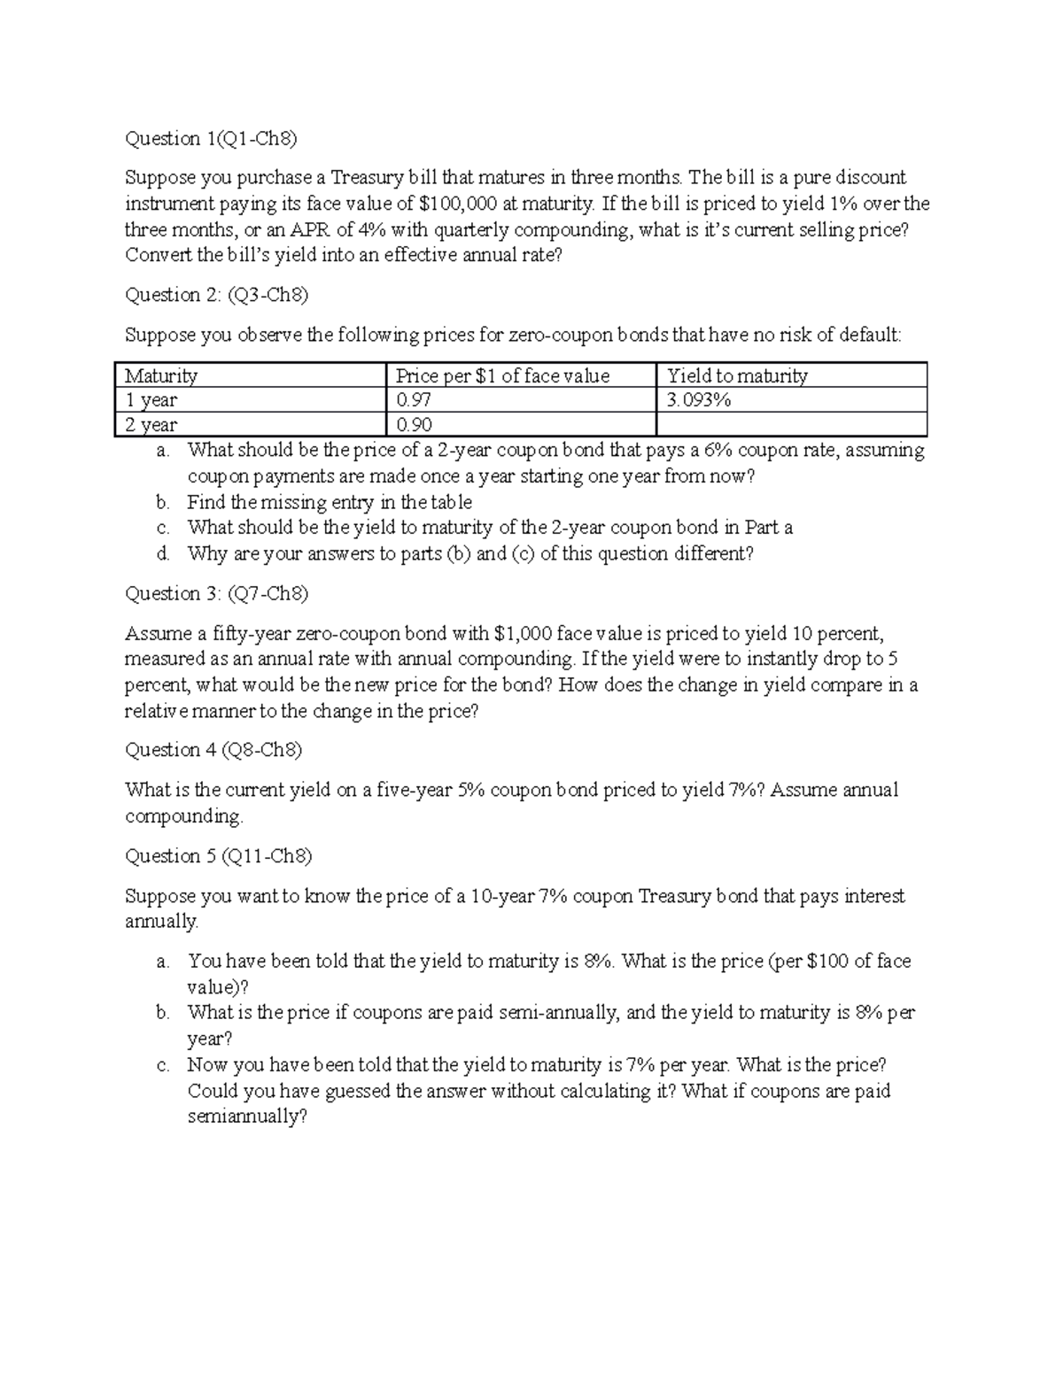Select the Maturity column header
point(161,375)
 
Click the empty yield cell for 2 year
point(791,425)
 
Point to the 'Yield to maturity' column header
point(737,375)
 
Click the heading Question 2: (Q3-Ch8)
point(217,295)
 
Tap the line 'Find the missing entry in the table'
point(330,502)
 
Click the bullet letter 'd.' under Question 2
point(162,554)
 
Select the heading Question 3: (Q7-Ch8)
point(217,593)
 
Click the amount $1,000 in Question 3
point(524,633)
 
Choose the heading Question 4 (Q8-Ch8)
point(213,750)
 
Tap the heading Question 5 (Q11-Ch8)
point(219,855)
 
